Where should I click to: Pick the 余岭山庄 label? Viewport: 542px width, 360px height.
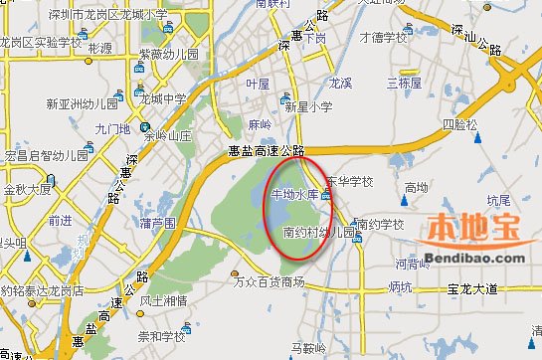(x=167, y=134)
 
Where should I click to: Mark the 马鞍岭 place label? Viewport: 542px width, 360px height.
(x=309, y=348)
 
